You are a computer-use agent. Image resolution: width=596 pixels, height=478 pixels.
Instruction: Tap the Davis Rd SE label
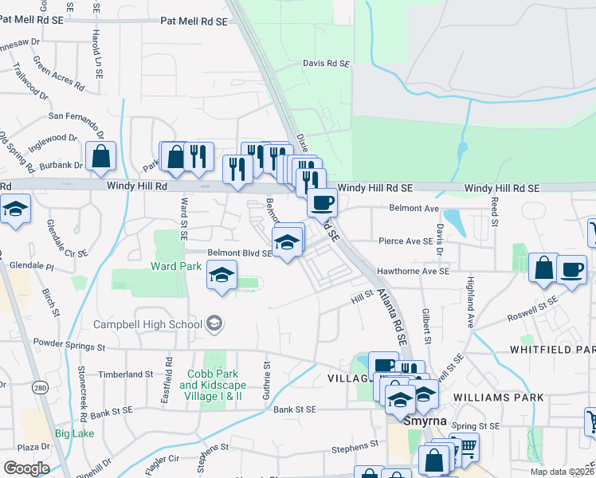[326, 63]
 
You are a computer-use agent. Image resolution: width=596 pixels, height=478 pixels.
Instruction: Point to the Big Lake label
[75, 433]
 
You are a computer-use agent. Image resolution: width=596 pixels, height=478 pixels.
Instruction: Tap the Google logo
[26, 468]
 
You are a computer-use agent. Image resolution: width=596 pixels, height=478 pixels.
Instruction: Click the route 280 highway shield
[38, 387]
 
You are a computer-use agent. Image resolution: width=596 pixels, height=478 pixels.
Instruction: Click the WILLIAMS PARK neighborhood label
[498, 397]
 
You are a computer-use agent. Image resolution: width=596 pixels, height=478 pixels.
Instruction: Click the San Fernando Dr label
[76, 116]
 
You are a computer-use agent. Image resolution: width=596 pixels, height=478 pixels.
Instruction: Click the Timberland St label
[126, 374]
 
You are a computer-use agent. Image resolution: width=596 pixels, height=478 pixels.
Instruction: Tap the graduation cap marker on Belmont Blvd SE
[288, 240]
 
